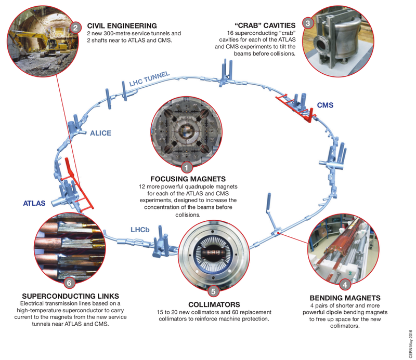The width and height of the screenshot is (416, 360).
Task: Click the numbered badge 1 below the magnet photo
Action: [187, 168]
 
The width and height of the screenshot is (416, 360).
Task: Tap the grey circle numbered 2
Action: [75, 28]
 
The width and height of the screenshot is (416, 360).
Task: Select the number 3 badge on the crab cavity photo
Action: [308, 23]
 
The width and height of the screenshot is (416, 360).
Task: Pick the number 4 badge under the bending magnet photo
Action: [345, 285]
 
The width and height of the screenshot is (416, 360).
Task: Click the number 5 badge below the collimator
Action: [214, 291]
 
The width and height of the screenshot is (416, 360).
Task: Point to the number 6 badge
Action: [69, 283]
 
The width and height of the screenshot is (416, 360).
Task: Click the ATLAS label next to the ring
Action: [34, 203]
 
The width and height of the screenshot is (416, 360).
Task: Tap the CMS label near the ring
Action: [325, 105]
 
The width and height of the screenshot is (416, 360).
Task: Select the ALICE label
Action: [100, 133]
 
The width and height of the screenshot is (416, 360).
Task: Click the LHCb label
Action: [140, 230]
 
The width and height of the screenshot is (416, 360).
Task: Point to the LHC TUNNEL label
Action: [149, 79]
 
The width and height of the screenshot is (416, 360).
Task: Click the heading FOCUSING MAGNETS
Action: [188, 179]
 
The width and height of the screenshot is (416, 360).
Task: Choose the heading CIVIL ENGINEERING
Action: [122, 26]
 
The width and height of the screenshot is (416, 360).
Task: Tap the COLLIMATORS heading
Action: [214, 304]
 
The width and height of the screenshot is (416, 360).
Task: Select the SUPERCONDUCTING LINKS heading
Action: [71, 296]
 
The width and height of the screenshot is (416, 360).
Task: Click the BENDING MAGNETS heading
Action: [345, 298]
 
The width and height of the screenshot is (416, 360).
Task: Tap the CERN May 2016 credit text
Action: [411, 344]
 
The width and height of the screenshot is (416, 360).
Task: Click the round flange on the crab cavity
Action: [320, 43]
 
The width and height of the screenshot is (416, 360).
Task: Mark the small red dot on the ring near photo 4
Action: [278, 233]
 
